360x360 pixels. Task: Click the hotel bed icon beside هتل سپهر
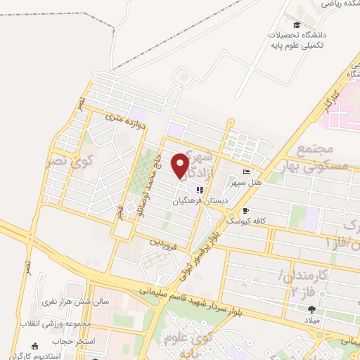coord(245,172)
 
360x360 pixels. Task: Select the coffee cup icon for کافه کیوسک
coord(245,210)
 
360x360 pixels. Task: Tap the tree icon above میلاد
coord(311,309)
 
